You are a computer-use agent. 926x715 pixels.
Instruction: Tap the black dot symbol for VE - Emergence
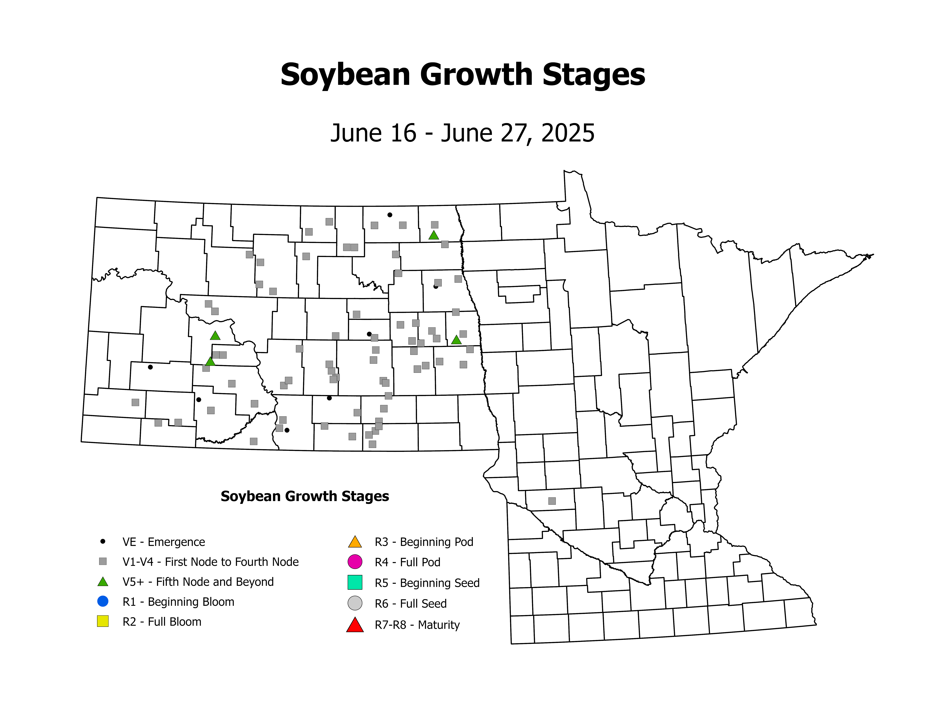pos(103,541)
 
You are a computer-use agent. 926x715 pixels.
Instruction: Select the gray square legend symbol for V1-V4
pos(103,561)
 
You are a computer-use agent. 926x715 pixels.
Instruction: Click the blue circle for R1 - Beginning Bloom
pos(103,601)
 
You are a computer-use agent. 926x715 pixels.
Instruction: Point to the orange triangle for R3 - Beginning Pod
pos(355,542)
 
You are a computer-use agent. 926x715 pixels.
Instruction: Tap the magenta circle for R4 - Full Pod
pos(355,562)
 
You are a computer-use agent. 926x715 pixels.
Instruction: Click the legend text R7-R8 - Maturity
pos(417,625)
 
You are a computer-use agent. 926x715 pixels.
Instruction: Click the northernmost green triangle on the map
pos(433,235)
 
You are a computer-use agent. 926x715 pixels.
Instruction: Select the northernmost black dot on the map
pos(390,215)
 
